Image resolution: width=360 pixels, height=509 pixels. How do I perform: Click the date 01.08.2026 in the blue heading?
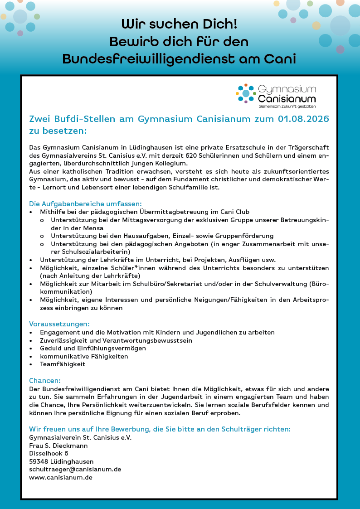[x=303, y=119]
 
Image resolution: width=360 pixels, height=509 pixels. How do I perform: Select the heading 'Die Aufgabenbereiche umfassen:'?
[x=85, y=204]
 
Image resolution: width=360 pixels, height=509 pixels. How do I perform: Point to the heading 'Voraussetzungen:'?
[x=59, y=324]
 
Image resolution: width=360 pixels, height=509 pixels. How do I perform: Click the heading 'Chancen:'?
[x=45, y=381]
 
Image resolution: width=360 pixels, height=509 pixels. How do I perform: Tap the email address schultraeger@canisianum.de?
[x=75, y=469]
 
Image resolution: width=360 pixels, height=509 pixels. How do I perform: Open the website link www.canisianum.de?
[x=61, y=477]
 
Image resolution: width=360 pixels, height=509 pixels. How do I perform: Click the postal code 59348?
[x=39, y=461]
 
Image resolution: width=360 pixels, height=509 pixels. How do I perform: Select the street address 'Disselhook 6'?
[x=49, y=453]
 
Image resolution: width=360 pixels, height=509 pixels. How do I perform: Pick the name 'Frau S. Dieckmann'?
[x=58, y=446]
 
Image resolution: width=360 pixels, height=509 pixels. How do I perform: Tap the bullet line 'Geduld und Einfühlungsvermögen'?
[x=93, y=348]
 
